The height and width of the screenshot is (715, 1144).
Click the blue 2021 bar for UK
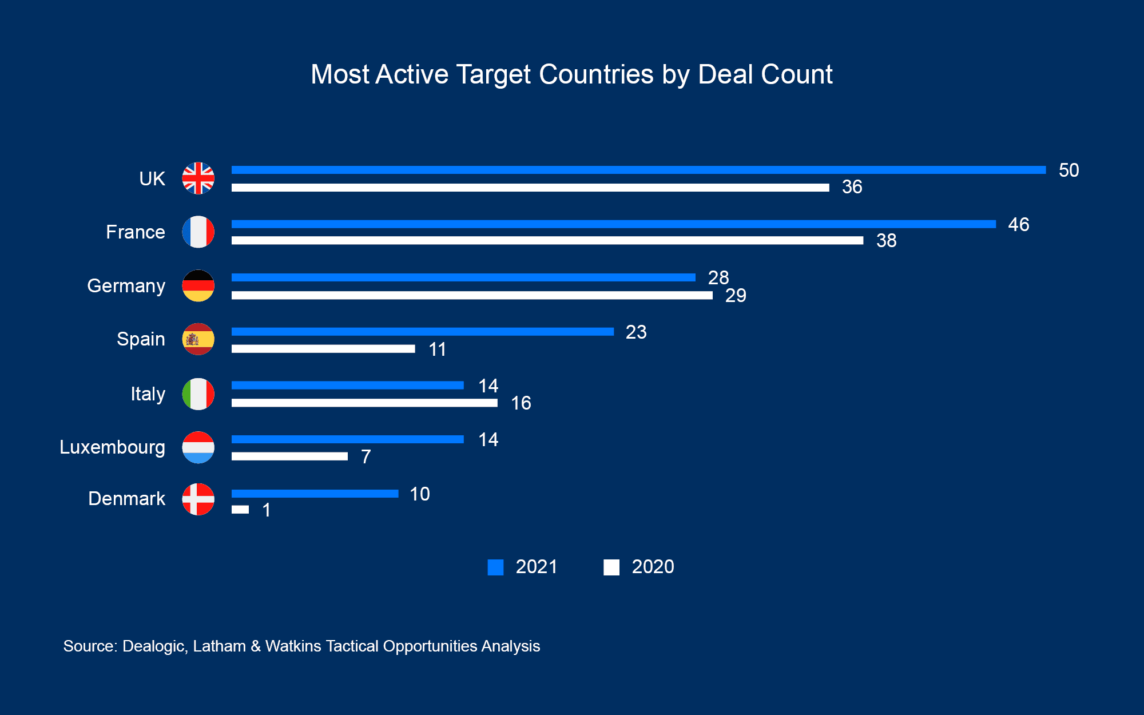point(638,170)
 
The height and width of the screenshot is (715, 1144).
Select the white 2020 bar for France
point(547,241)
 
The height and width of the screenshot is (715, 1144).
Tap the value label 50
point(1068,170)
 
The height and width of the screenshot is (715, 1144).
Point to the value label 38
point(886,241)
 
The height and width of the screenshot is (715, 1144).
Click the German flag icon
point(198,285)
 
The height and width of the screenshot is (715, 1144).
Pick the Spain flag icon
point(198,339)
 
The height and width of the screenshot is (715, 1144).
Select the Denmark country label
point(126,499)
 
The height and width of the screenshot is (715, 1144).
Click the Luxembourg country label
point(112,447)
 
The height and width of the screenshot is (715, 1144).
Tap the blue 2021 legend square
point(495,567)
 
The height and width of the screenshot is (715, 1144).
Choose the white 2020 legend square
point(611,567)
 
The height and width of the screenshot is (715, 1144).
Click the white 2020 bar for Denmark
point(240,510)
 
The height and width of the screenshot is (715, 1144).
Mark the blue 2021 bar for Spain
point(422,332)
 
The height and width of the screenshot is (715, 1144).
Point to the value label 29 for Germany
point(736,296)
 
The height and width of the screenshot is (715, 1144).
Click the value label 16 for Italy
point(521,403)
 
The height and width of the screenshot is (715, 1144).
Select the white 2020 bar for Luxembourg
point(289,456)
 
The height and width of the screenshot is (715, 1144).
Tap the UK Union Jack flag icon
point(198,178)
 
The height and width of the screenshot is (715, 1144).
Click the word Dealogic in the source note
point(154,646)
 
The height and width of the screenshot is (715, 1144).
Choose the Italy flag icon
point(198,394)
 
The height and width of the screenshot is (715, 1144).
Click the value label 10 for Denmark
point(420,494)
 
